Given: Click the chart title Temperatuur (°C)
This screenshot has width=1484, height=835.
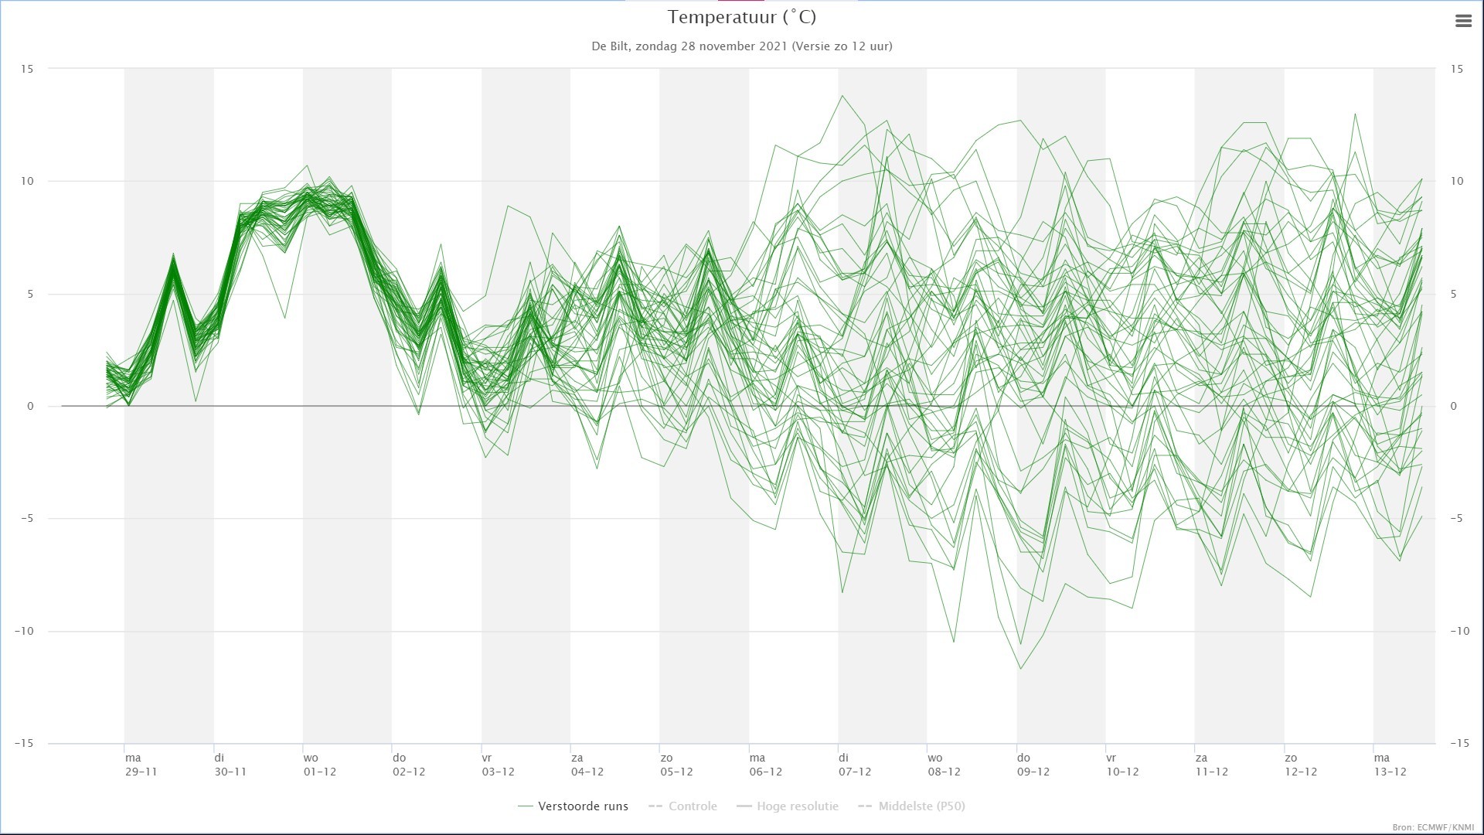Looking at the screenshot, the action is pos(742,17).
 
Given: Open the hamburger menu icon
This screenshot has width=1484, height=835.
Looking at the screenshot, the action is pos(1463,22).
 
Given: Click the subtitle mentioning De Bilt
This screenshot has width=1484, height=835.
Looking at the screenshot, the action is pos(742,46).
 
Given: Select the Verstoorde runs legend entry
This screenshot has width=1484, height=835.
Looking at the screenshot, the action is pos(573,806).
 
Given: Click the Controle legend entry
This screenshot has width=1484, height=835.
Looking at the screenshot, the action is pos(682,806).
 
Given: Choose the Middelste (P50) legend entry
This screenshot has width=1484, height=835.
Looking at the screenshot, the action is pos(911,806).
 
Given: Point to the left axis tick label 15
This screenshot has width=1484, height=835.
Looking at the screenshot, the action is pos(27,69).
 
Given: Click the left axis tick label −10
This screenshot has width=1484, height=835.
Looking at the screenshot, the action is pos(24,631).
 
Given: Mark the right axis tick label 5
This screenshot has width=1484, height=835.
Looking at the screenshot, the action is pos(1454,294).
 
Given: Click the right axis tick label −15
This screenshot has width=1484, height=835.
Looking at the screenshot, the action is pos(1459,743).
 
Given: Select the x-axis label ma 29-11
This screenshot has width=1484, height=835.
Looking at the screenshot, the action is pos(141,765).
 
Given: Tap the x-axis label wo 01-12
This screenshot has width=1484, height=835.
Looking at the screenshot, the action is pos(319,765).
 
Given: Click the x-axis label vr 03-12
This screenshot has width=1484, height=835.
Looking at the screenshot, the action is pos(498,765).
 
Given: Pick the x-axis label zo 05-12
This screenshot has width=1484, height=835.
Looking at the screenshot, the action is pos(676,765).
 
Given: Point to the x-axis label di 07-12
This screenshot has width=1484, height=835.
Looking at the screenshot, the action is pos(854,765).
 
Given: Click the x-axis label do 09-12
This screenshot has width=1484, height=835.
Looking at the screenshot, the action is pos(1033,765).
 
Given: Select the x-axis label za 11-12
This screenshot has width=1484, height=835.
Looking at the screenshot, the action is pos(1211,765).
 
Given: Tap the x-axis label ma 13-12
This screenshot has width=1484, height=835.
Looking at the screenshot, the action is pos(1390,765).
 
